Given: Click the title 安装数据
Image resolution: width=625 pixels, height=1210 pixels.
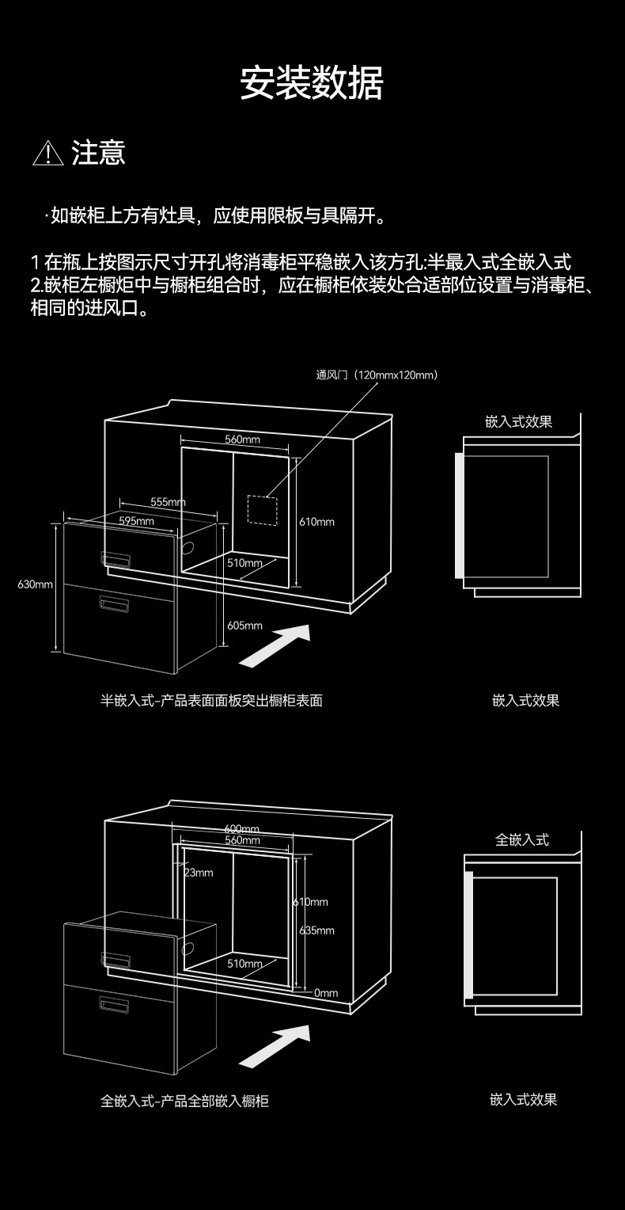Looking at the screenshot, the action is [312, 84].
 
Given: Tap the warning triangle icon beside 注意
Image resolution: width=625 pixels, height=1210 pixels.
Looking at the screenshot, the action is [47, 153].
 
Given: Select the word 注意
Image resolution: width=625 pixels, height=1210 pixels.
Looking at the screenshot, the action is [99, 153].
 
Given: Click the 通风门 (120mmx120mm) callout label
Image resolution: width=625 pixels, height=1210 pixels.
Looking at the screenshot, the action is [377, 375].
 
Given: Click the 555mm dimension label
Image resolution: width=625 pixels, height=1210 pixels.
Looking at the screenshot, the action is [168, 502].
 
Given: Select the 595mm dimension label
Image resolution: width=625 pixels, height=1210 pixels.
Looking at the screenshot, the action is [136, 521].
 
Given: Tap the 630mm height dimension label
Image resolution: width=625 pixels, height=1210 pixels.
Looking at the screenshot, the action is [35, 584].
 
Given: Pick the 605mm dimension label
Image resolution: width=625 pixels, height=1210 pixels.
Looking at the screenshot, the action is [244, 626].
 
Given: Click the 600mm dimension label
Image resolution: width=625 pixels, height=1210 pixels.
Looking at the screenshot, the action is [242, 829].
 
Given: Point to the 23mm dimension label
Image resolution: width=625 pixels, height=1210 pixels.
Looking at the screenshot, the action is [199, 873].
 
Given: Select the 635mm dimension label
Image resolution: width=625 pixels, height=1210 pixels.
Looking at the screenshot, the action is [317, 930].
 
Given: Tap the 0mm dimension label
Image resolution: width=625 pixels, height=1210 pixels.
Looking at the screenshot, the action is [325, 993].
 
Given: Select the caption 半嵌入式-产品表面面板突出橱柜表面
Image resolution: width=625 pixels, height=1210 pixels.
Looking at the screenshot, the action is [211, 701].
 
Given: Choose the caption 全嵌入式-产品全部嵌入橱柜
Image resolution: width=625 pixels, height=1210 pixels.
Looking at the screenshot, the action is [184, 1101].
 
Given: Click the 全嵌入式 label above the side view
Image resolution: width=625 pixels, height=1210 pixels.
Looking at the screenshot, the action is [521, 839].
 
